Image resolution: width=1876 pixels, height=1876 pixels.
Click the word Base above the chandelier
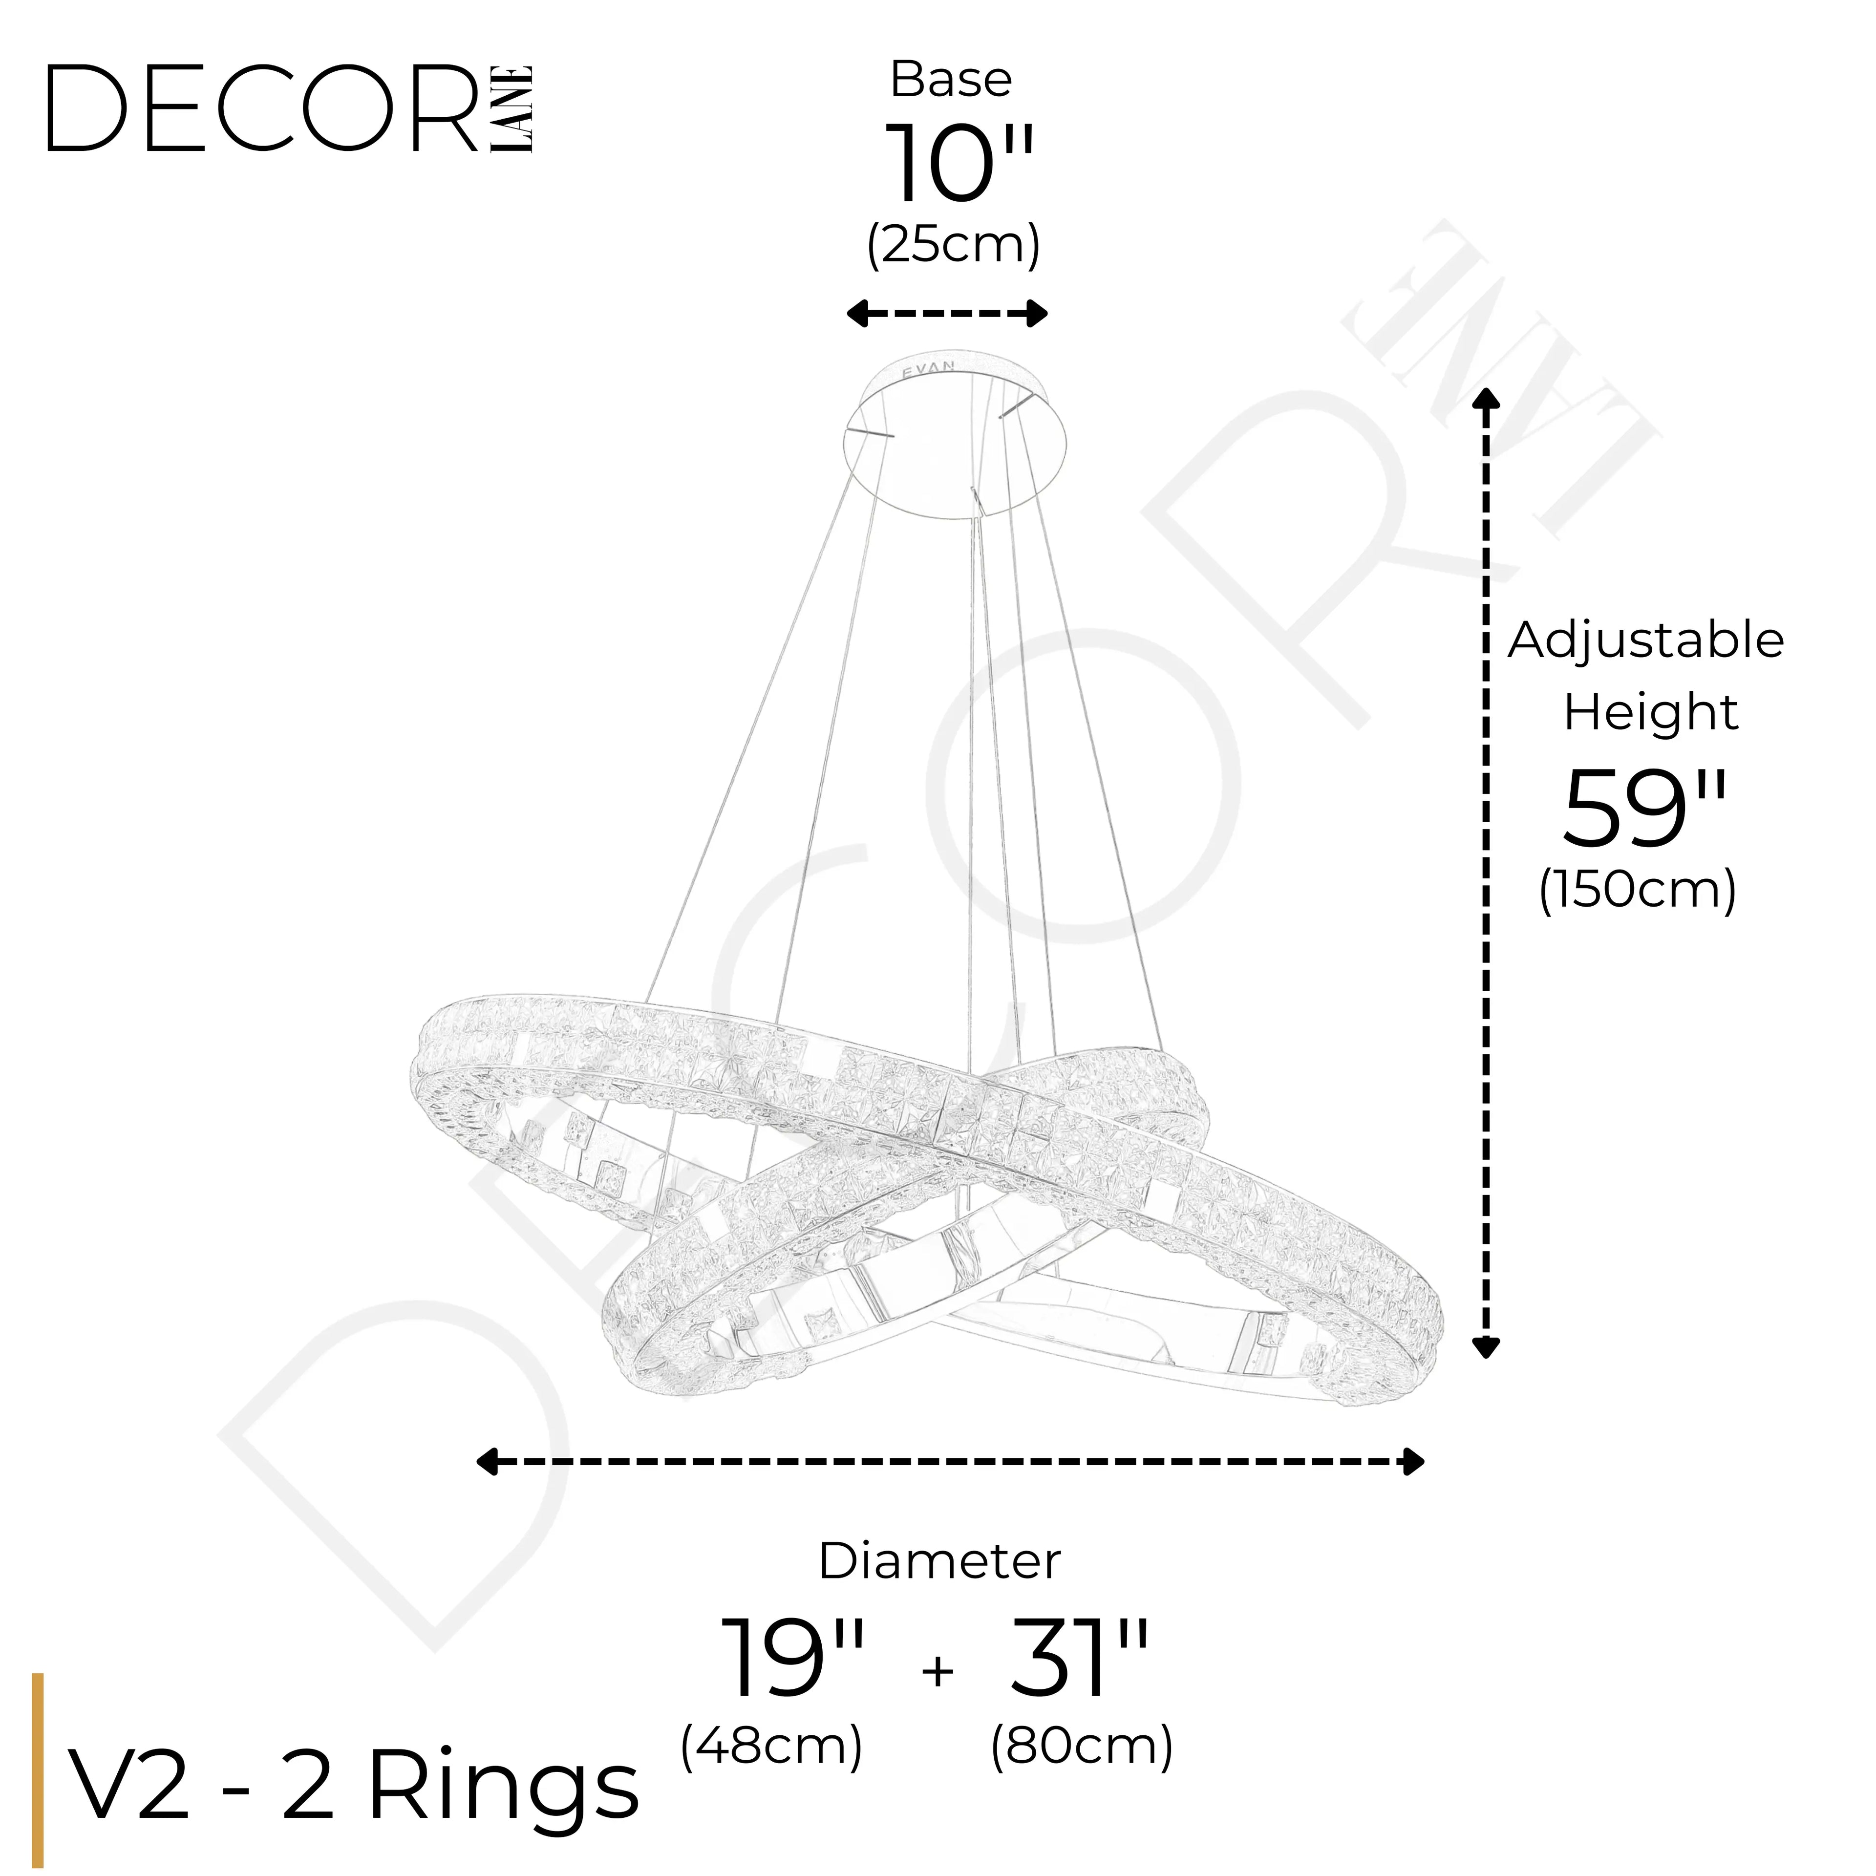[x=951, y=80]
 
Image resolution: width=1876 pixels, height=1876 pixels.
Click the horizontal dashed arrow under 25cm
[x=947, y=314]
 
